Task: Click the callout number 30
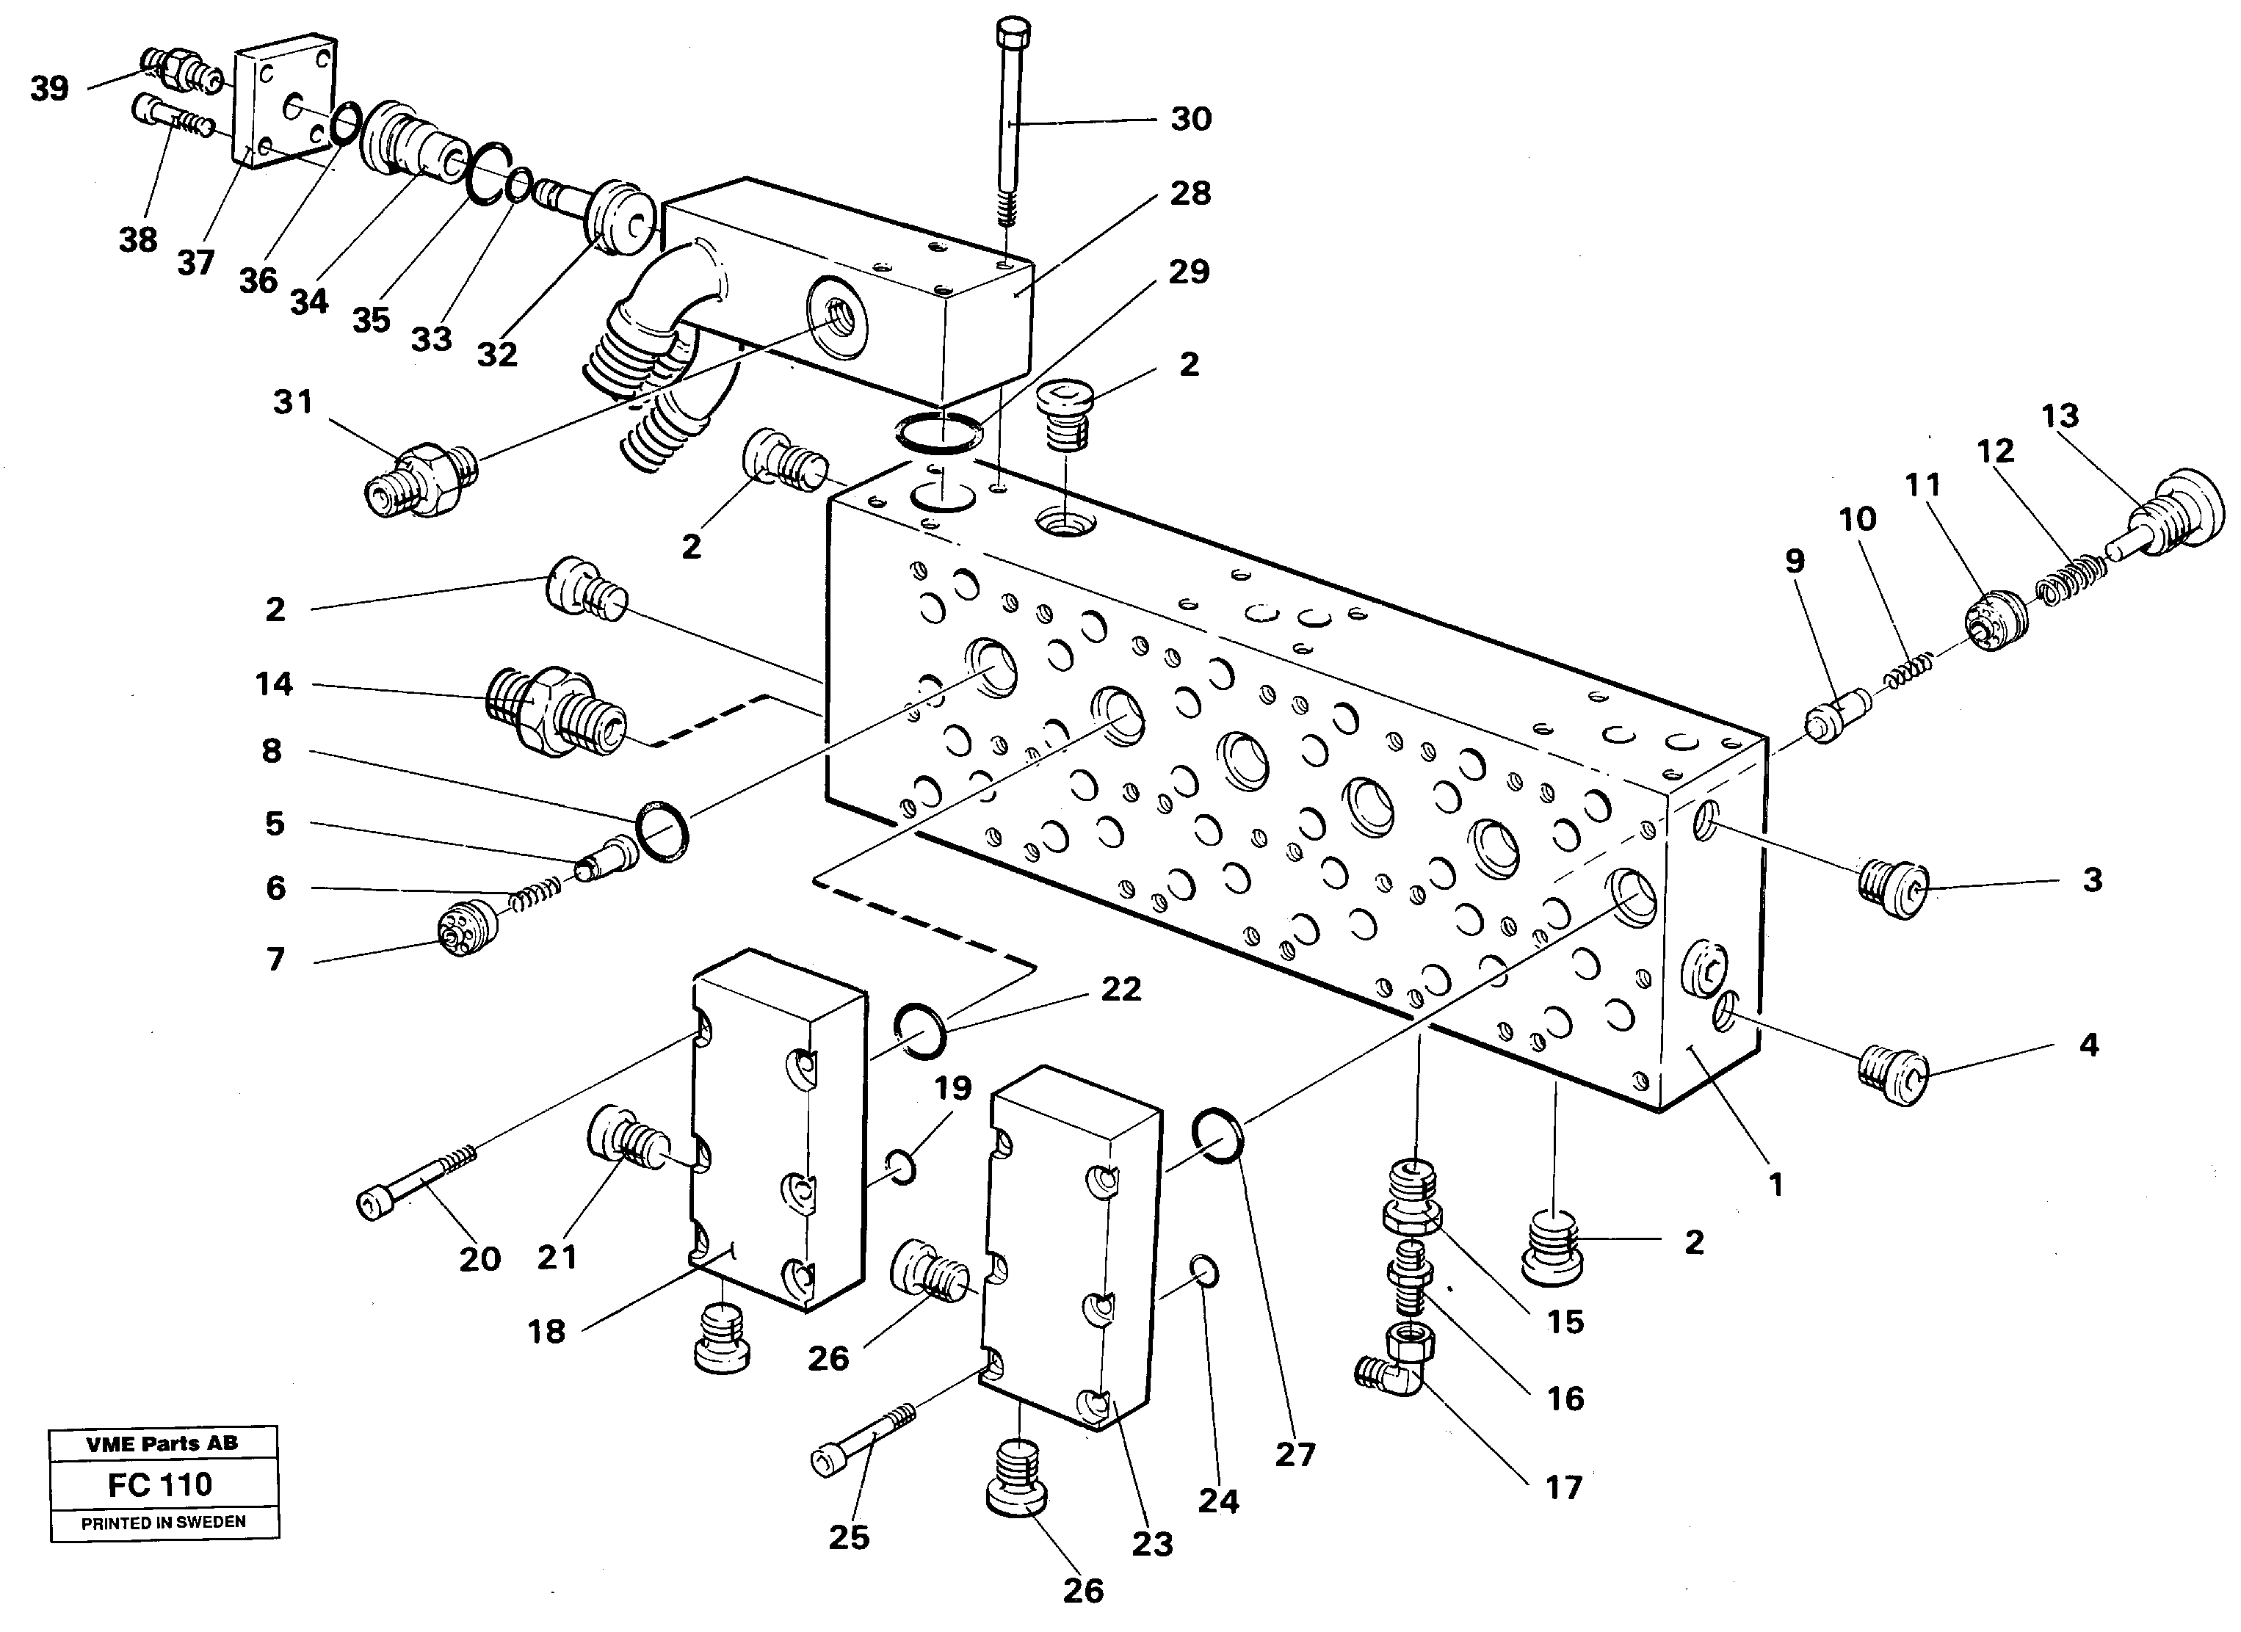[1191, 120]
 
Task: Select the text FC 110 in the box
[160, 1484]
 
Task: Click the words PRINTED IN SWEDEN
[163, 1523]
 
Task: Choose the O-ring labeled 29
[938, 434]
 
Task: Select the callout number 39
[49, 89]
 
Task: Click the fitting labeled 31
[420, 479]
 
